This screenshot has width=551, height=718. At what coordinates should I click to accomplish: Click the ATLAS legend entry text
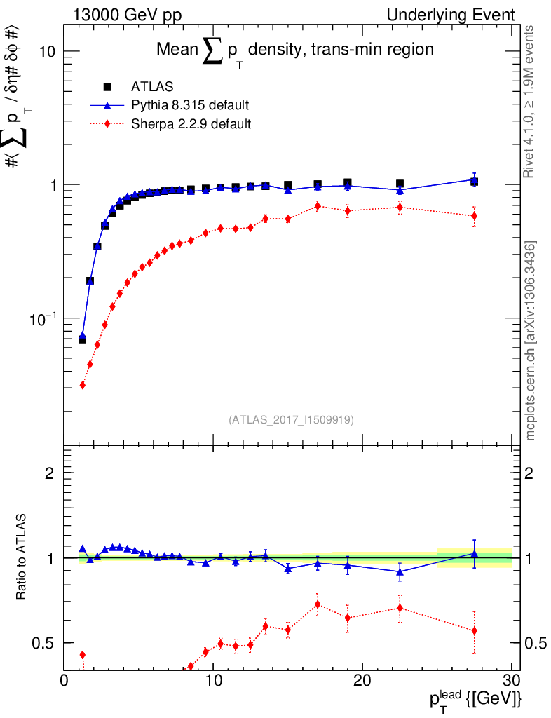pyautogui.click(x=152, y=87)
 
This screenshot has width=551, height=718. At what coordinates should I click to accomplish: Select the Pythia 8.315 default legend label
pyautogui.click(x=190, y=105)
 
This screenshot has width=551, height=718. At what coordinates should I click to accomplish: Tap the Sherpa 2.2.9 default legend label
pyautogui.click(x=191, y=124)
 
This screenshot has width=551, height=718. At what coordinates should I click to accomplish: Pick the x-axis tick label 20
pyautogui.click(x=362, y=682)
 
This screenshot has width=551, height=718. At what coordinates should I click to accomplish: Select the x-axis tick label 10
pyautogui.click(x=213, y=682)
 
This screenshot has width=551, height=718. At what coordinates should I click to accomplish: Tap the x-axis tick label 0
pyautogui.click(x=64, y=682)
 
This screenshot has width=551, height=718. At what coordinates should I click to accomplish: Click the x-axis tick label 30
pyautogui.click(x=511, y=682)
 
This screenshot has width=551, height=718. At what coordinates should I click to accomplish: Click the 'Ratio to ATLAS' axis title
pyautogui.click(x=22, y=557)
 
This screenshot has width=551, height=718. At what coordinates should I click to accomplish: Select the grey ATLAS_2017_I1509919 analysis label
pyautogui.click(x=291, y=420)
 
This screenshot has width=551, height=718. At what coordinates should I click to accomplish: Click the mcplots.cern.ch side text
pyautogui.click(x=531, y=341)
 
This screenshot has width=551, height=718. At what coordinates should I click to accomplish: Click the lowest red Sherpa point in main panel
pyautogui.click(x=82, y=385)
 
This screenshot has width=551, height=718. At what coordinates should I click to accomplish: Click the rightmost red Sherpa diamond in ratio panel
pyautogui.click(x=475, y=630)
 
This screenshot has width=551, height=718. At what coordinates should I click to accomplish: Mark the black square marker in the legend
pyautogui.click(x=107, y=87)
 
